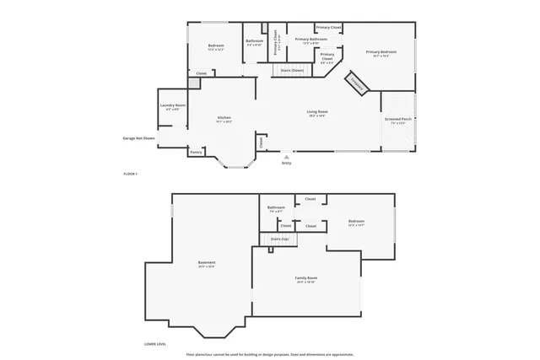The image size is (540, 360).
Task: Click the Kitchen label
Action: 224,118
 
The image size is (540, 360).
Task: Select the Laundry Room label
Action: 173,105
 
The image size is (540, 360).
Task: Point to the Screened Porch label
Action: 398,120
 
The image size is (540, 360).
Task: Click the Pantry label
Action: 196,152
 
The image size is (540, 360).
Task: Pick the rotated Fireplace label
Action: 357,83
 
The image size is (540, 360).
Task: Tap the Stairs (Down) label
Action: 292,70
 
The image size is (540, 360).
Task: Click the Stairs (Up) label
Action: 279,239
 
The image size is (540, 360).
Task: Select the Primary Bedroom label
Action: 381,52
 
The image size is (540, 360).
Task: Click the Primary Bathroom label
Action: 310,39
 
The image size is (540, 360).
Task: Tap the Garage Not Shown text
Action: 139,137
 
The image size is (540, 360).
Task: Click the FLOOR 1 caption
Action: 130,174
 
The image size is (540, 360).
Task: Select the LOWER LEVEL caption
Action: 155,344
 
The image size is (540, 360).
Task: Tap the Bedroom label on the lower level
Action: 355,221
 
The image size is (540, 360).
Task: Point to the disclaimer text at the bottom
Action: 270,354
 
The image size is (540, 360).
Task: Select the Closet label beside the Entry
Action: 262,142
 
